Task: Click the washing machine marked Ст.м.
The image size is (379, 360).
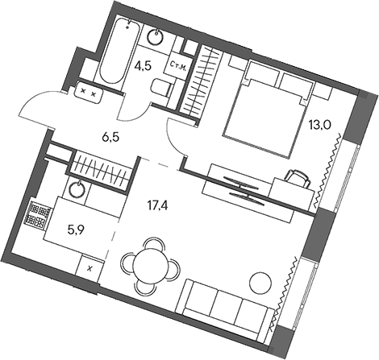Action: (x=178, y=64)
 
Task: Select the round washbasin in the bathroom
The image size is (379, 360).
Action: (x=156, y=36)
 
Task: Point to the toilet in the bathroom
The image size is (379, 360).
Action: (x=161, y=89)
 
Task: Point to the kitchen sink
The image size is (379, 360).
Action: (x=77, y=191)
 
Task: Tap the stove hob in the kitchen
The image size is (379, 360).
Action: (x=38, y=214)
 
